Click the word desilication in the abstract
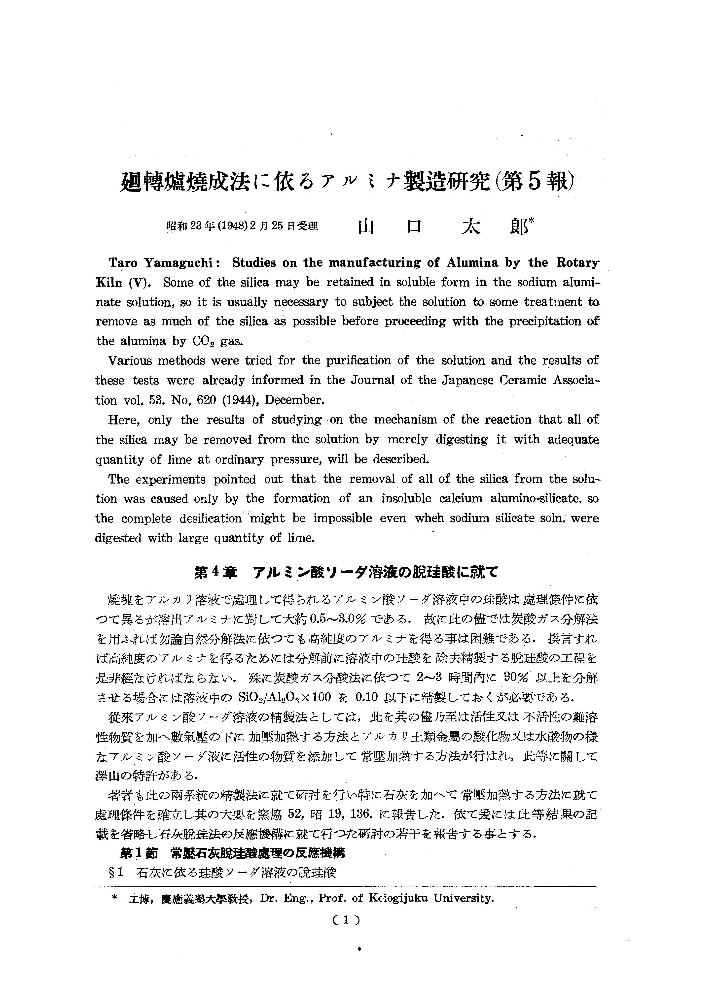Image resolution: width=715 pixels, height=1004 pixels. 211,518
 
